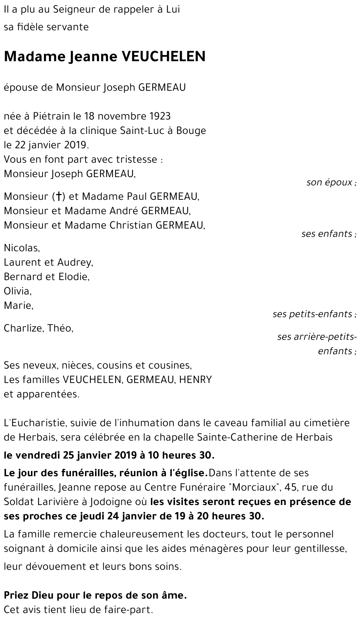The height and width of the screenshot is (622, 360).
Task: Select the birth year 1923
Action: pos(159,116)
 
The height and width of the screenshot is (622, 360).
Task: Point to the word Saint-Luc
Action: pos(142,131)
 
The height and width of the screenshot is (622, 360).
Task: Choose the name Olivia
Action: pos(17,291)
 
